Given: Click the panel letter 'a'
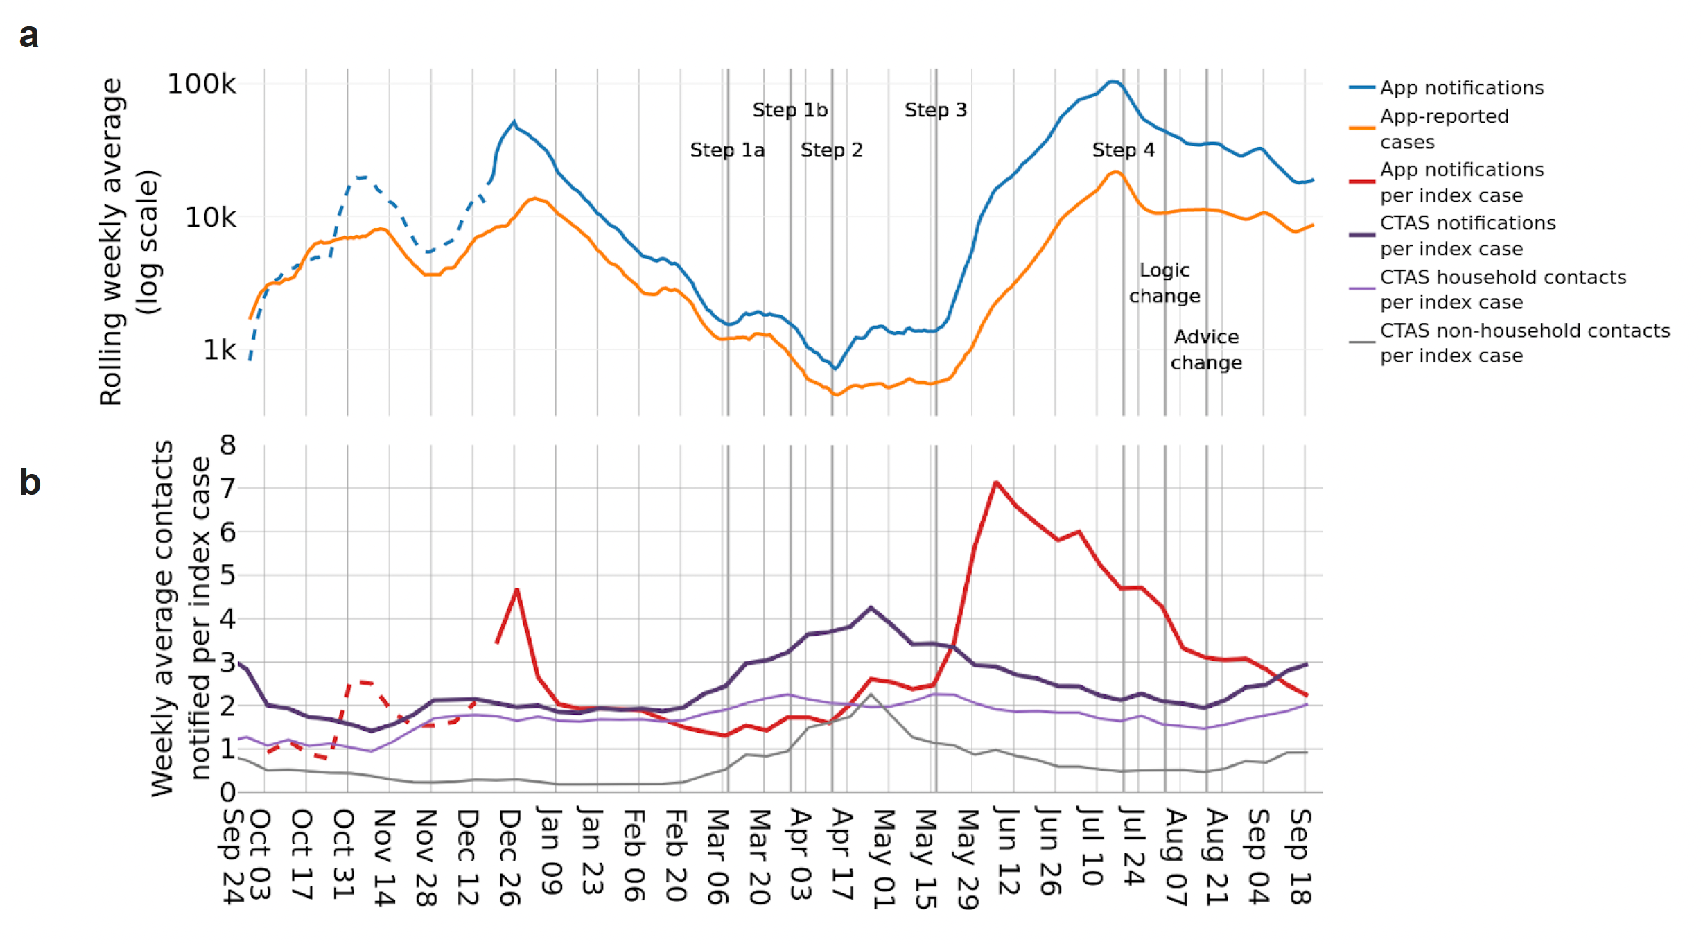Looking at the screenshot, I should point(28,36).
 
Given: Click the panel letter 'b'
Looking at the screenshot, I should point(30,482).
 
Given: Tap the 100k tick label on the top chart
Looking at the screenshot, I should point(201,84).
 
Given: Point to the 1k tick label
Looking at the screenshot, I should point(219,350).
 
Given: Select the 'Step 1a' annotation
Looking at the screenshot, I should point(727,150).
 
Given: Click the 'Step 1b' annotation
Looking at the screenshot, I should point(790,110).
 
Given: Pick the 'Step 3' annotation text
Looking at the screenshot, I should point(935,110).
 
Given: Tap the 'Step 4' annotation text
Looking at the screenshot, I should point(1123,150).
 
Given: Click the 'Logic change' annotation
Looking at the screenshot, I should point(1164,283).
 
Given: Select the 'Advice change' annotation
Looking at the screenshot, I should point(1206,349).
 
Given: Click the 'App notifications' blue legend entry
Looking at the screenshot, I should point(1461,87).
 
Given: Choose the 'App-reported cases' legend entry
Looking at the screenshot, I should point(1443,129).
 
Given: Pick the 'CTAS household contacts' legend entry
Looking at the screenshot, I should point(1502,289).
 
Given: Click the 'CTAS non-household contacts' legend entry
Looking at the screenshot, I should point(1524,342).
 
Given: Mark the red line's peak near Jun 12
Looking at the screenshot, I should point(996,482).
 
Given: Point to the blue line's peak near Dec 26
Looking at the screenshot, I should point(514,123).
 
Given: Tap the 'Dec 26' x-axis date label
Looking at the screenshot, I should point(509,857).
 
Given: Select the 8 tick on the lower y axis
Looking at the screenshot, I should point(228,445).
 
